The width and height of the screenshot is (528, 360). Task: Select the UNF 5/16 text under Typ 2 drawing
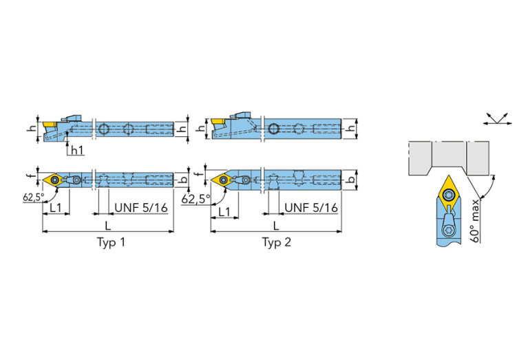[x=311, y=207]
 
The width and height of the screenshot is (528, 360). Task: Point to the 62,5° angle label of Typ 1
[x=33, y=197]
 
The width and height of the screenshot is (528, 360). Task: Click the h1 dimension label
[x=76, y=151]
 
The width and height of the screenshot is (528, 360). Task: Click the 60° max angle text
[x=484, y=218]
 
